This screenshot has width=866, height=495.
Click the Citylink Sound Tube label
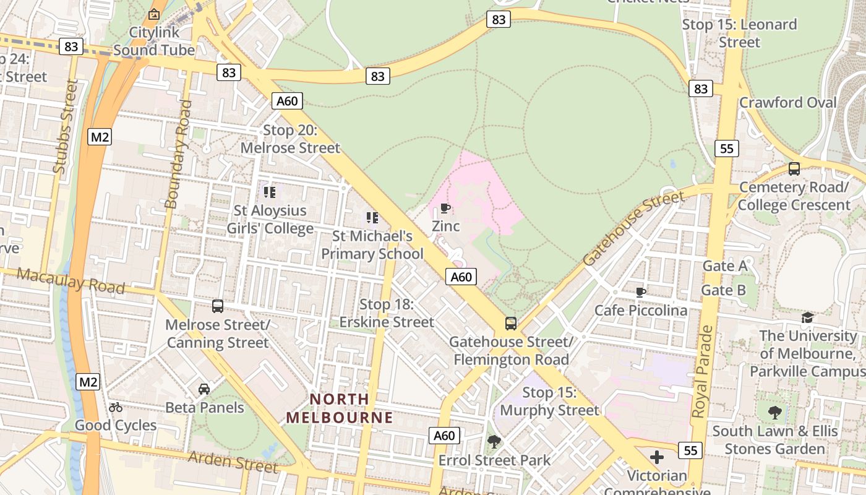pos(153,41)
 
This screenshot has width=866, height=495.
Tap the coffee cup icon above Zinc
pos(445,208)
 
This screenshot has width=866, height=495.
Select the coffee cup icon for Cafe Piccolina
pos(641,291)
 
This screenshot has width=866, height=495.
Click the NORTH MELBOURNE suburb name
pos(339,408)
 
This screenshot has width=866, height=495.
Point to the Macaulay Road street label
pos(71,280)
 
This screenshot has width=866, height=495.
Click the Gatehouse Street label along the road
pos(633,228)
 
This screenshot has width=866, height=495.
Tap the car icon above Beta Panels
pos(204,389)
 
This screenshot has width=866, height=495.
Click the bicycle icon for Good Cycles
pos(116,407)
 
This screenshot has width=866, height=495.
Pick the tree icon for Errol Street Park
pos(494,442)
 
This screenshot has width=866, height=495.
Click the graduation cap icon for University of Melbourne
pos(807,317)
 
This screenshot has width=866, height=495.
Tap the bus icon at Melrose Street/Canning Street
pos(218,306)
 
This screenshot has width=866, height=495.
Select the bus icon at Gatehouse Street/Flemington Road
pos(511,323)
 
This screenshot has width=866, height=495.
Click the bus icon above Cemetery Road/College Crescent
pos(794,168)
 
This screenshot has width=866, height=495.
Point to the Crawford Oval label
pos(787,102)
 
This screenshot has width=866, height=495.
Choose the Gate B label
pos(723,290)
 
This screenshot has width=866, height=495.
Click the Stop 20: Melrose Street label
pos(290,139)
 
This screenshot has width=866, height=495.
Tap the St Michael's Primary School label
pos(372,245)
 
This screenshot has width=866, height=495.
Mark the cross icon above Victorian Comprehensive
pos(657,457)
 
